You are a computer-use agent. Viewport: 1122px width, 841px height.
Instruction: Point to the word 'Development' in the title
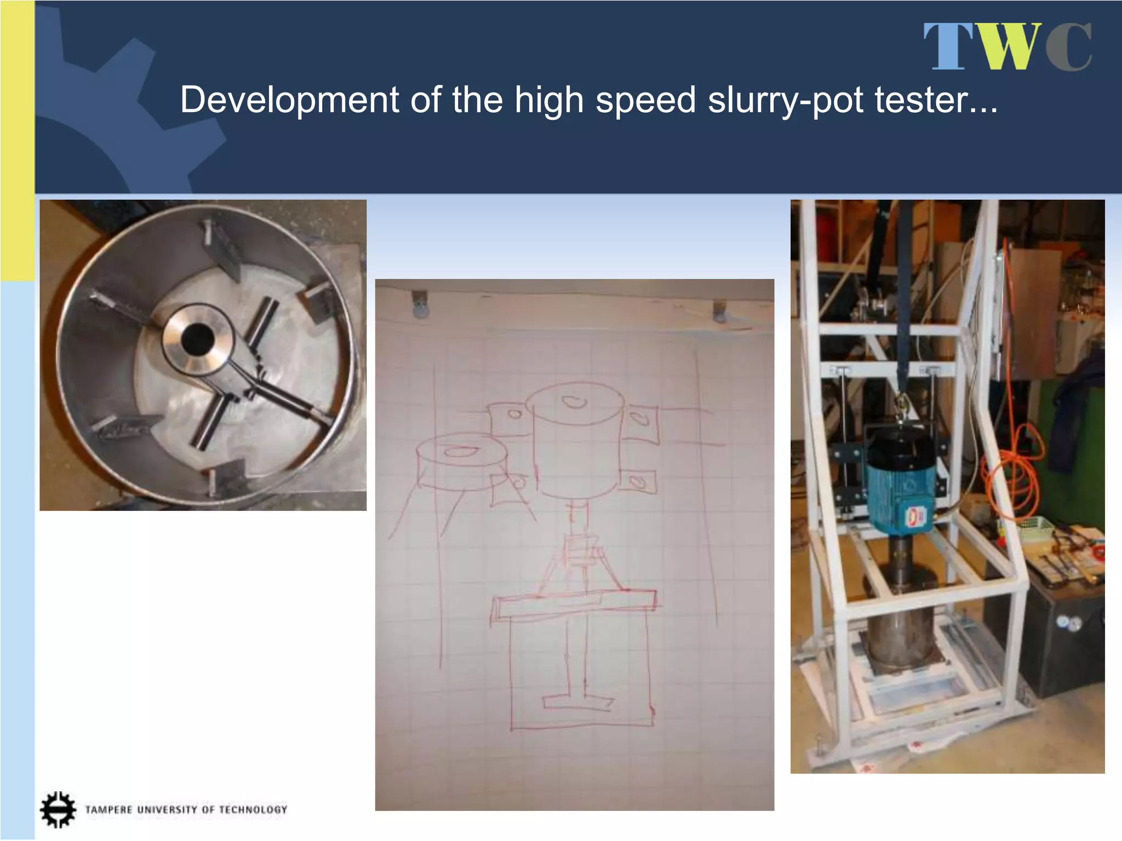[x=290, y=101]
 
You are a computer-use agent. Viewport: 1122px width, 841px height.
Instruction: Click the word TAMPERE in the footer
[x=108, y=810]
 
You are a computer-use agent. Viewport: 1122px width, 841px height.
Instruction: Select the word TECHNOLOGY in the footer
[x=253, y=810]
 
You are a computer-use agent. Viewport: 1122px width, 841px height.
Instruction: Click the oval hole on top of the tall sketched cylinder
[x=574, y=402]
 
